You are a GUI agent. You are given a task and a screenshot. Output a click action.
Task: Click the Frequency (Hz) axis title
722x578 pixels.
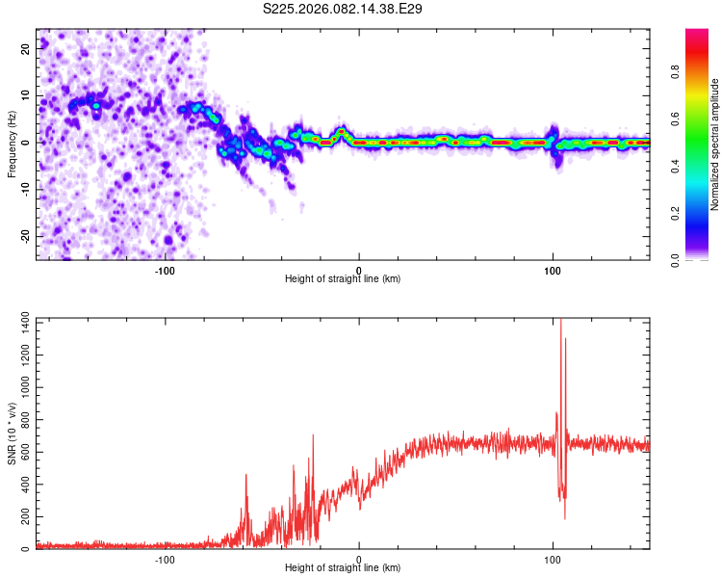(x=12, y=143)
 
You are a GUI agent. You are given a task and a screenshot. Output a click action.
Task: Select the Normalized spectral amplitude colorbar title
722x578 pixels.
(x=714, y=144)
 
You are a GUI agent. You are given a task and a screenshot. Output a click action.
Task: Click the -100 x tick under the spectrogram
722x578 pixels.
(x=165, y=269)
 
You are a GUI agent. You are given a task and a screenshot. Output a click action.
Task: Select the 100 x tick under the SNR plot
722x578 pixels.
(x=553, y=559)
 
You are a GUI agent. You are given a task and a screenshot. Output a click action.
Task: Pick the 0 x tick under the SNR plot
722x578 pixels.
(x=359, y=559)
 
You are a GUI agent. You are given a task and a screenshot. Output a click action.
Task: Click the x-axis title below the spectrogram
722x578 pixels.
(x=343, y=279)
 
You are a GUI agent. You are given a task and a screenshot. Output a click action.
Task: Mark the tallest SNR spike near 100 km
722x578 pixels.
(x=560, y=321)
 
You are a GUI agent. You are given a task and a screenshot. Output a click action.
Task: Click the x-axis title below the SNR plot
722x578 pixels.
(x=343, y=569)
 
